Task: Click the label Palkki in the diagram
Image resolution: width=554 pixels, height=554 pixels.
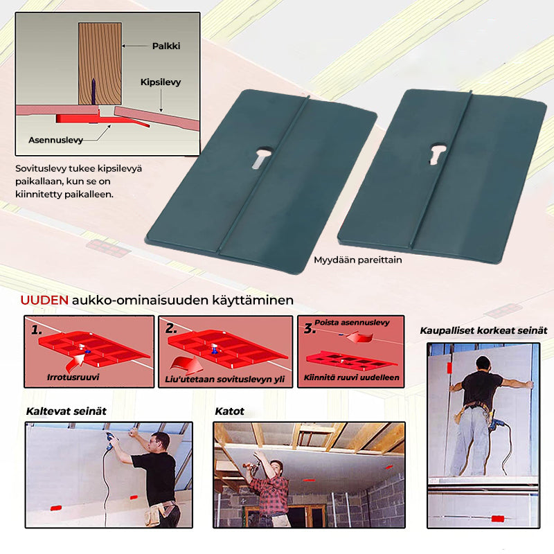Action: (x=166, y=46)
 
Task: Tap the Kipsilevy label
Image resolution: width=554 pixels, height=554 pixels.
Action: (x=161, y=82)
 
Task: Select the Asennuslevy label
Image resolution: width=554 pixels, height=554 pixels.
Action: (x=55, y=141)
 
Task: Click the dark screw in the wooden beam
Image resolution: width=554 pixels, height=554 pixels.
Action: (x=93, y=91)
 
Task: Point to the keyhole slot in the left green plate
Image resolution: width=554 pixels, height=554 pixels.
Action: (x=262, y=157)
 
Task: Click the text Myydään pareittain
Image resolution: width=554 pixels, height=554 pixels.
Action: (x=358, y=260)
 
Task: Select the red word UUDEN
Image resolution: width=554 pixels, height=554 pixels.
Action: (x=44, y=301)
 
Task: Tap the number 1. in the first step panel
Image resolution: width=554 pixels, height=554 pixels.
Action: (x=37, y=330)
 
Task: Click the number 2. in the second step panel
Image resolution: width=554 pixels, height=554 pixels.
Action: (x=171, y=328)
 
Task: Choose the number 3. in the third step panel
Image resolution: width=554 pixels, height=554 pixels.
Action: (x=309, y=328)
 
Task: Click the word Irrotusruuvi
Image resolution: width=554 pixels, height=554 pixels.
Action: (x=73, y=377)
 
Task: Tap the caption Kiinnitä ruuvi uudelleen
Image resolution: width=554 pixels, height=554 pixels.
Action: (x=352, y=377)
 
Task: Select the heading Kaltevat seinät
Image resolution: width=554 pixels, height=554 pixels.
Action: (x=66, y=411)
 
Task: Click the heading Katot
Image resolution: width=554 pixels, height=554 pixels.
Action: (x=230, y=411)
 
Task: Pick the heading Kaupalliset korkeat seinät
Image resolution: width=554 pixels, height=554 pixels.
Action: (x=483, y=331)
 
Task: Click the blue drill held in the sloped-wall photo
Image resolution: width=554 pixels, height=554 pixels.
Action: (x=112, y=440)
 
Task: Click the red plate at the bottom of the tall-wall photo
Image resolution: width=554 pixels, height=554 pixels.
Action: (x=497, y=519)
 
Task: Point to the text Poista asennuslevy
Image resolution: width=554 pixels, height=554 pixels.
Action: (x=352, y=322)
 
